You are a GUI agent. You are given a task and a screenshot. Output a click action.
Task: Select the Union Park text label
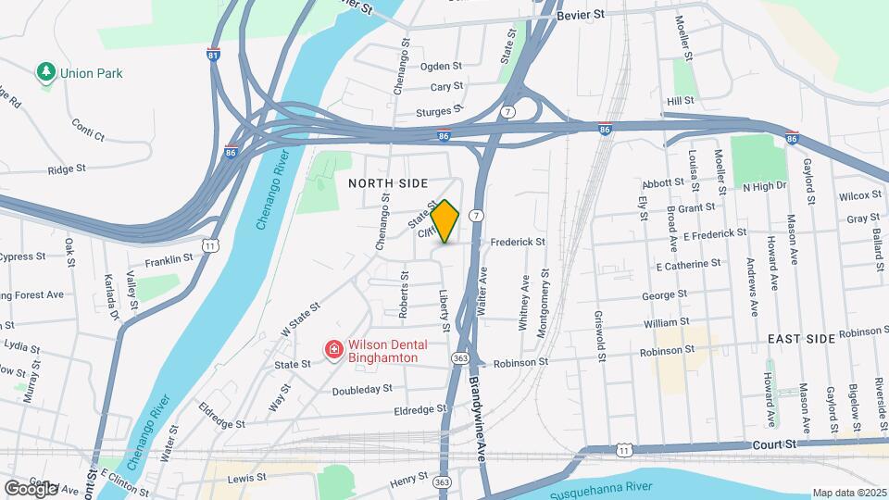coord(91,73)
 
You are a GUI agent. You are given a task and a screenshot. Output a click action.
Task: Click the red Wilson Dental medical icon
coord(332,349)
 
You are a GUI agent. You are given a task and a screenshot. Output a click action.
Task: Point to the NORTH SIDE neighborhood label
coord(388,183)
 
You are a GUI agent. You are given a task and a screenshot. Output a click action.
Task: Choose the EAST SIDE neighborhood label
coord(801,340)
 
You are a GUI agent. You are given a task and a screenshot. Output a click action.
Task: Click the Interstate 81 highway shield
coord(214,54)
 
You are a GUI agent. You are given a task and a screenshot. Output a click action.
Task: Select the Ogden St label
coord(441,66)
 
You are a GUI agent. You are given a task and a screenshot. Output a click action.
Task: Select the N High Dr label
coord(764,186)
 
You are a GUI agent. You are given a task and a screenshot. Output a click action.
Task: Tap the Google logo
coord(31,488)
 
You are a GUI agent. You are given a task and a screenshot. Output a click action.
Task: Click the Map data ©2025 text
coord(848,493)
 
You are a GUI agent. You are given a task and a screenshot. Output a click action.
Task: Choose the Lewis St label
coord(247,478)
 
